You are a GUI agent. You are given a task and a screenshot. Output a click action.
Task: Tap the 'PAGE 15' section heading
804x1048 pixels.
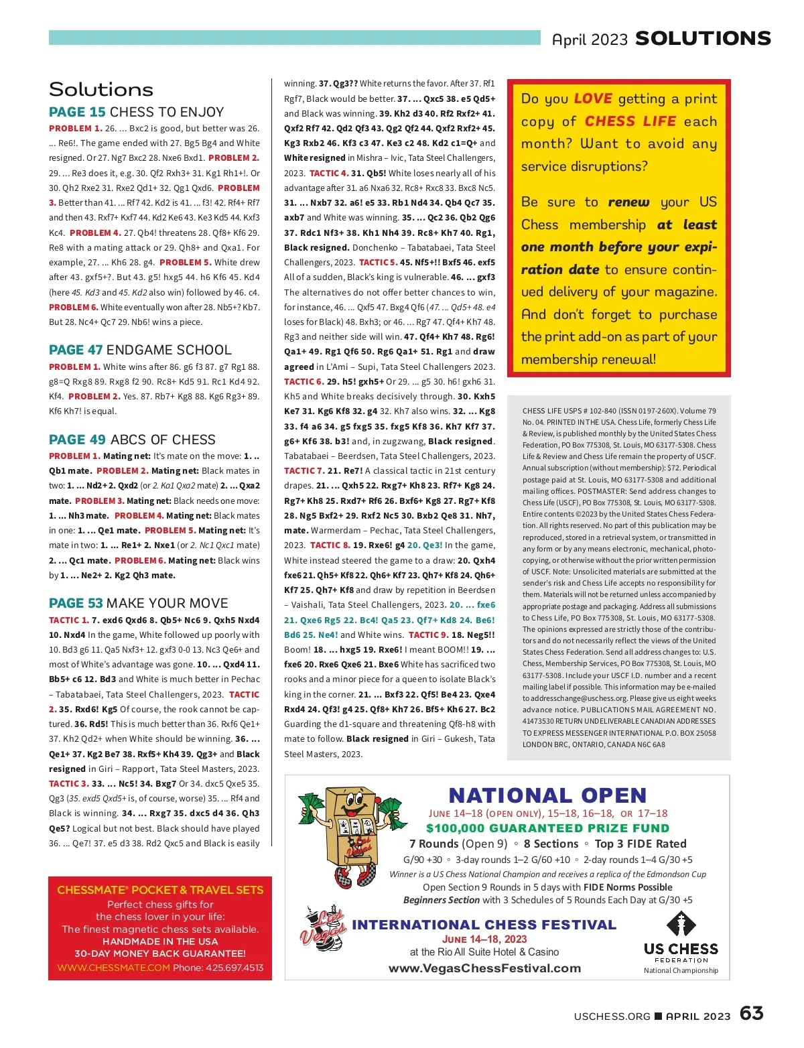click(x=77, y=112)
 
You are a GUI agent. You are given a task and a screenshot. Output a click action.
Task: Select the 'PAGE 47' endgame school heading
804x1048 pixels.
click(x=76, y=350)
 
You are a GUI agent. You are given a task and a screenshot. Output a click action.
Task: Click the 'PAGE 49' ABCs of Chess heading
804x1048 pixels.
click(x=77, y=440)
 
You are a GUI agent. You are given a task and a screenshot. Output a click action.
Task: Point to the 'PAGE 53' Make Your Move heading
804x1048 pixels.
click(x=76, y=603)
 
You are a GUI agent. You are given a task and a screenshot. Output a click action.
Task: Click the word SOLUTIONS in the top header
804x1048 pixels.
click(x=703, y=39)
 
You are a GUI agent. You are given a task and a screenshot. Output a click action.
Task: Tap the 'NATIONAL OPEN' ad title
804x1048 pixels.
click(x=547, y=795)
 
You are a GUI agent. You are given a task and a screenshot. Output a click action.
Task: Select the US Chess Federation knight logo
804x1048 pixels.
click(x=681, y=925)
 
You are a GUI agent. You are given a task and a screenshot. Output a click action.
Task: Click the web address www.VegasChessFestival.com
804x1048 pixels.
click(x=484, y=968)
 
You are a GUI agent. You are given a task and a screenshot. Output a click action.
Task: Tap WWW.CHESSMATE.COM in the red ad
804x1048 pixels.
click(x=113, y=968)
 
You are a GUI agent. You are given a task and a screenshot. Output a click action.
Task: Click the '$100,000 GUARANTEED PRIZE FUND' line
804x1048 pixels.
click(x=547, y=828)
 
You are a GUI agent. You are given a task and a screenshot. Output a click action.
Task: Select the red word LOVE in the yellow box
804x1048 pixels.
click(x=593, y=99)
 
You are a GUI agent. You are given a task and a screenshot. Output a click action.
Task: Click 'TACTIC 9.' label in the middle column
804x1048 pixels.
click(x=428, y=635)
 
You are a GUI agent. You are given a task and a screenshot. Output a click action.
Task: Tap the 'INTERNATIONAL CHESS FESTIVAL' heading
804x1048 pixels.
click(x=484, y=925)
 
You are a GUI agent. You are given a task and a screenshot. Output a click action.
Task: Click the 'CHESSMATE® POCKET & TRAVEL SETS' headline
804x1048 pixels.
click(x=160, y=890)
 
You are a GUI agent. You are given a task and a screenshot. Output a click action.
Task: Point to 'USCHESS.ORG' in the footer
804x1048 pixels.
click(x=612, y=1016)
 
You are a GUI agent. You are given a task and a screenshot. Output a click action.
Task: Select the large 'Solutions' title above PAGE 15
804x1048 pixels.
click(x=101, y=89)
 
